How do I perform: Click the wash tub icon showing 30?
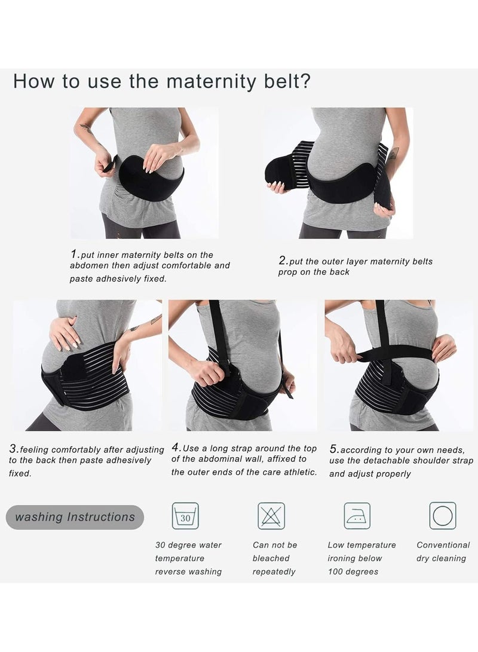click(x=185, y=516)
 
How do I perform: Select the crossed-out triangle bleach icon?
click(x=271, y=516)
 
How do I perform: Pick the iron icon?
click(x=357, y=516)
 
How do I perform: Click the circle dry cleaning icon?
click(x=443, y=516)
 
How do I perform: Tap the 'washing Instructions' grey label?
click(x=75, y=517)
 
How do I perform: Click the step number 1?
click(x=74, y=253)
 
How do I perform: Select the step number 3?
click(x=14, y=449)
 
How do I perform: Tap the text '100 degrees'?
click(x=353, y=571)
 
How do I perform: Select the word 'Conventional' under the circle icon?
click(x=443, y=544)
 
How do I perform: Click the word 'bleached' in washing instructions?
click(x=271, y=558)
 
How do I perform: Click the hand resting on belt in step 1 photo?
click(x=157, y=155)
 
